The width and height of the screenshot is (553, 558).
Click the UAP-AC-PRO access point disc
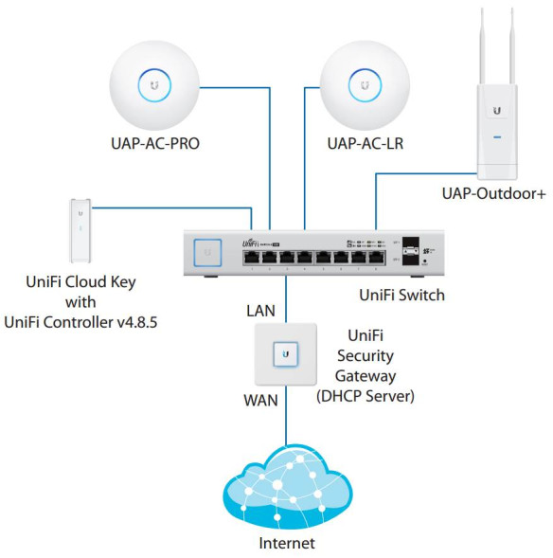tap(155, 86)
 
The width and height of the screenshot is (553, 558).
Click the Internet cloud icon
tap(285, 488)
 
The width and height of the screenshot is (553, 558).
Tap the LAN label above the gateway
tap(261, 310)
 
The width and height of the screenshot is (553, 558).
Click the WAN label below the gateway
tap(260, 400)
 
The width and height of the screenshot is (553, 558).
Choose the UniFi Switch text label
tap(401, 296)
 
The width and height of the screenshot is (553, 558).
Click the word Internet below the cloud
tap(286, 543)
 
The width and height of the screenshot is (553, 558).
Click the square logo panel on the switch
tap(206, 254)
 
